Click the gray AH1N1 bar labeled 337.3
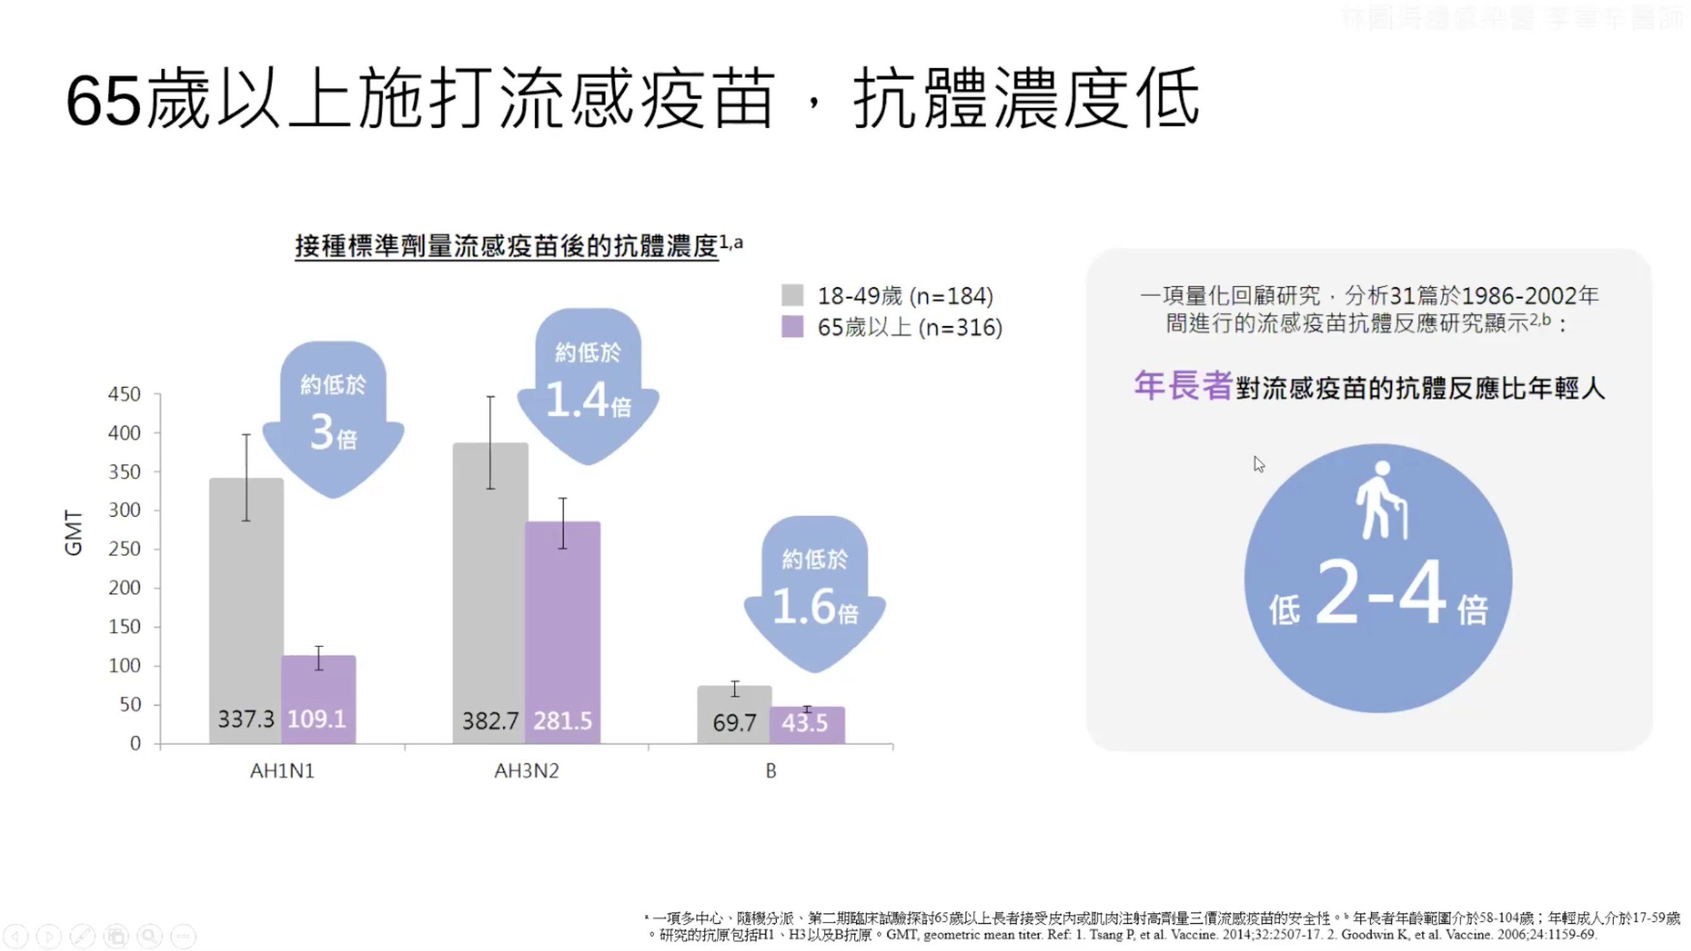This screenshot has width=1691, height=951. pyautogui.click(x=246, y=611)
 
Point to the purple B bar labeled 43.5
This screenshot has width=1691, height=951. pyautogui.click(x=807, y=725)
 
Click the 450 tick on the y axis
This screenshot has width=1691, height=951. pyautogui.click(x=124, y=394)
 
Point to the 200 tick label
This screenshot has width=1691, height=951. pyautogui.click(x=124, y=588)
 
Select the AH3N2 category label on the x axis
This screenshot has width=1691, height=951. pyautogui.click(x=526, y=771)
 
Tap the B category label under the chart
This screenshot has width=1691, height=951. pyautogui.click(x=771, y=771)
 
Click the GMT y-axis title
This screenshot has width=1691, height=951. pyautogui.click(x=73, y=533)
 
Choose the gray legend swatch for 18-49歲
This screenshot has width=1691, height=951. pyautogui.click(x=792, y=295)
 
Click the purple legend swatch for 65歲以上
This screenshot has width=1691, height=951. pyautogui.click(x=792, y=327)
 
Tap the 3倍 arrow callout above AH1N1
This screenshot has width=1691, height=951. pyautogui.click(x=333, y=420)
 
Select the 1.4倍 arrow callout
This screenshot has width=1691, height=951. pyautogui.click(x=588, y=388)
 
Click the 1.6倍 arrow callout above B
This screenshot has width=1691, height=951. pyautogui.click(x=815, y=594)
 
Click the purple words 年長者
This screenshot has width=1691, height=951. pyautogui.click(x=1183, y=386)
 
